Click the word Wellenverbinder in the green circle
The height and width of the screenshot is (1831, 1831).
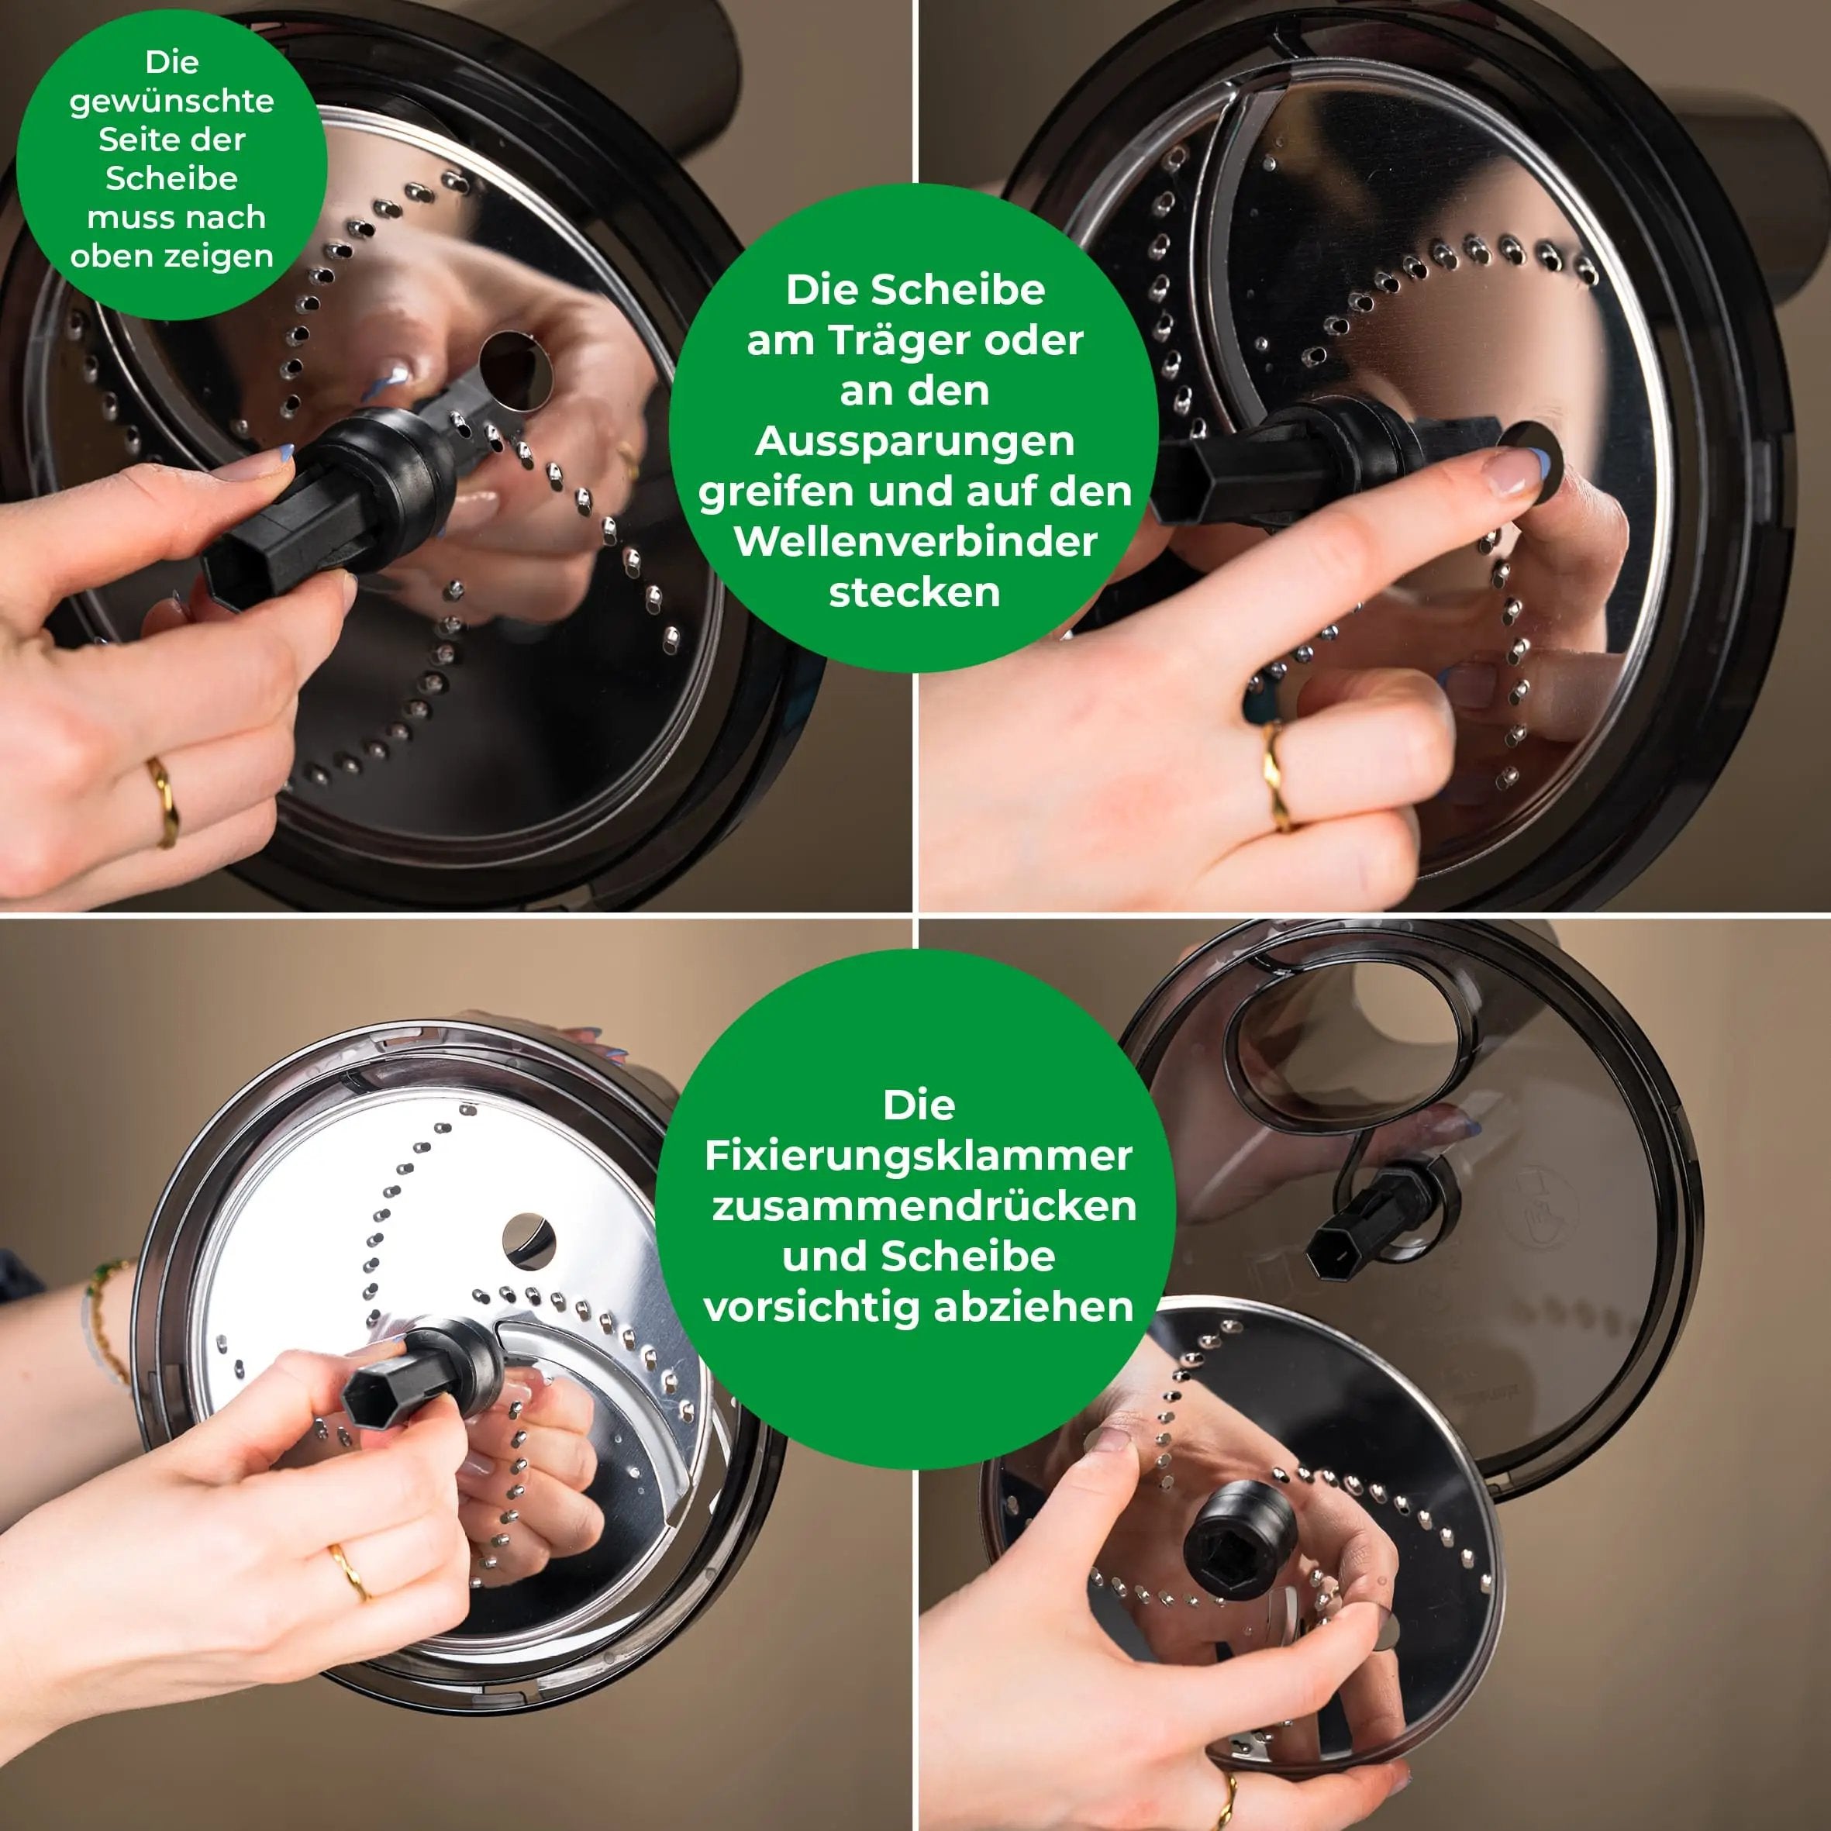[915, 542]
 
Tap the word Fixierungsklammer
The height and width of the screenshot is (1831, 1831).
[919, 1155]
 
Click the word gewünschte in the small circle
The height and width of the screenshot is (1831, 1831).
[171, 102]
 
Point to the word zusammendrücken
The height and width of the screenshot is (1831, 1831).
[924, 1205]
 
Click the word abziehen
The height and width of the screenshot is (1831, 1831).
[1034, 1307]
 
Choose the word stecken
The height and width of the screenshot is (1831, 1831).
[915, 592]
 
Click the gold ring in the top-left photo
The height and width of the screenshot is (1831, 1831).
[163, 802]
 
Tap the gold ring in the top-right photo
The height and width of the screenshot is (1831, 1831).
[1278, 775]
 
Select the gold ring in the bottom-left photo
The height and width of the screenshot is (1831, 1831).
[350, 1573]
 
